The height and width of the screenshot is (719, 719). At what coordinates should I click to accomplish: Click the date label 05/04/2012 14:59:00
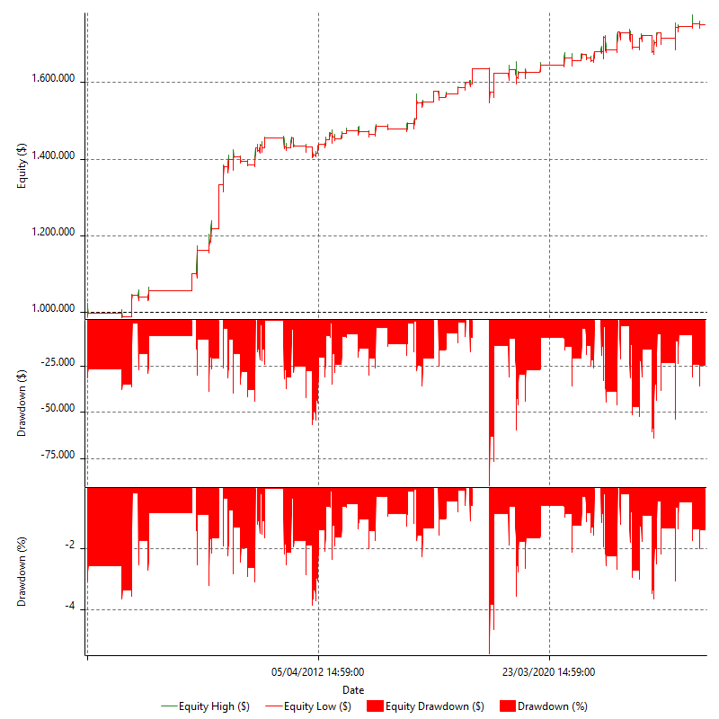tap(318, 671)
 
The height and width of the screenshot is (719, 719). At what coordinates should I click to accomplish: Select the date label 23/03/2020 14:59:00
tap(549, 671)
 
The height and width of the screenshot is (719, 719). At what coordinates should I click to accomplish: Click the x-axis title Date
tap(353, 689)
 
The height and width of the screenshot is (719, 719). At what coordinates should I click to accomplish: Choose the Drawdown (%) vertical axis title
tap(21, 570)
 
